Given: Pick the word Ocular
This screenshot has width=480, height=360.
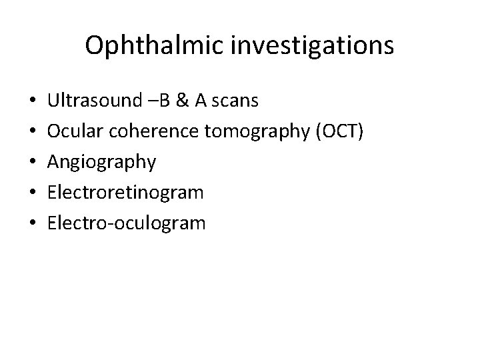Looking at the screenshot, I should pos(73,131).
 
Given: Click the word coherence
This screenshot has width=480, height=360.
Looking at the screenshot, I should pos(150,131).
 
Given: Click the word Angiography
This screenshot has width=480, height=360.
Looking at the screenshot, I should pos(102,162).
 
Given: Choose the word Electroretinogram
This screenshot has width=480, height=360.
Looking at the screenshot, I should pos(125,193).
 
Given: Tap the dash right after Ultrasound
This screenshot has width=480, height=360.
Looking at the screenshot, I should pos(147,102).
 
